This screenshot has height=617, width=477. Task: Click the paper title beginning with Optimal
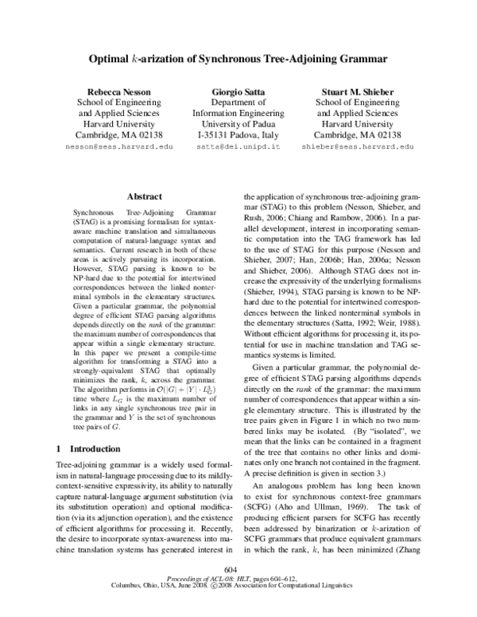point(238,58)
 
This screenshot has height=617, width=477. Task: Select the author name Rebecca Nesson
point(118,91)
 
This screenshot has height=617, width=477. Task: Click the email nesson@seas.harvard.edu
point(118,147)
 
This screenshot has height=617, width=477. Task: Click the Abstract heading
point(144,196)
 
